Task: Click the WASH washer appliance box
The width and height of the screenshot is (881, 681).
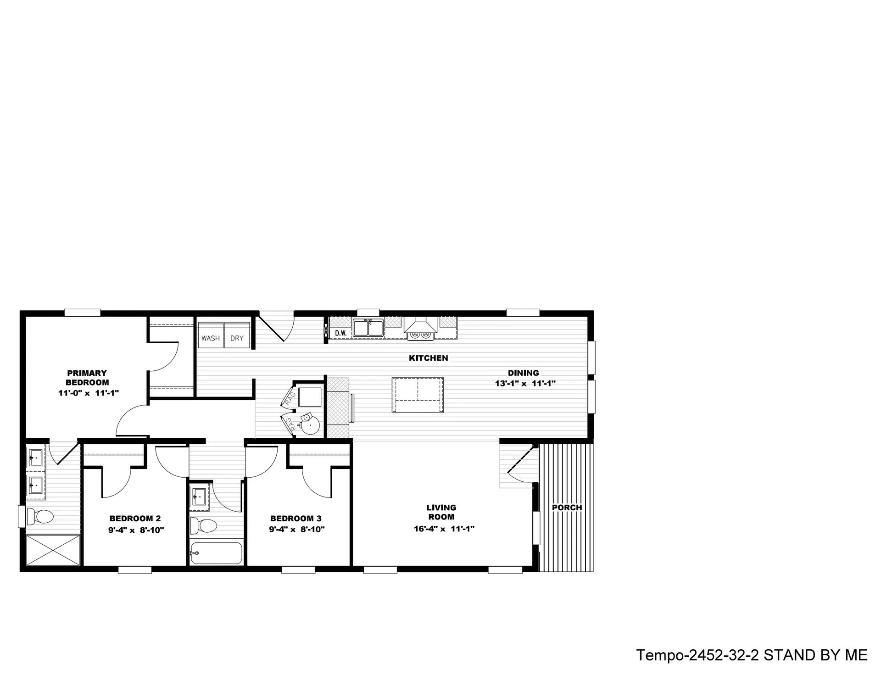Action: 211,335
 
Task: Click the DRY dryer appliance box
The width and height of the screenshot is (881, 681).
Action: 237,335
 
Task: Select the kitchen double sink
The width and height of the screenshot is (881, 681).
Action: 368,328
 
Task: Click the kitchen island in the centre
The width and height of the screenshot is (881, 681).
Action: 418,395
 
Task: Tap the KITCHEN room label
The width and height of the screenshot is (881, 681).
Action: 429,358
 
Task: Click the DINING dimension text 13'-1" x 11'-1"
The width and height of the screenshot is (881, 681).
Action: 525,383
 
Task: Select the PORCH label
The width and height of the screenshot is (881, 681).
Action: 567,508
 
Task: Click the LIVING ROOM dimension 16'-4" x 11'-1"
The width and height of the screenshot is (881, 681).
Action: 444,529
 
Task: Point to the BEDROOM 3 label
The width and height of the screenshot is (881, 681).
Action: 296,519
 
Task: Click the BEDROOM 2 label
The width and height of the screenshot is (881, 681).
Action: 135,519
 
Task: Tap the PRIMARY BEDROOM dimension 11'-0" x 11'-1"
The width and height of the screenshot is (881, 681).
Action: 89,393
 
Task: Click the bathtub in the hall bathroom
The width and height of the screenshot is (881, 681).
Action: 216,553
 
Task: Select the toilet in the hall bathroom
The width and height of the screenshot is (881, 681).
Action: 203,525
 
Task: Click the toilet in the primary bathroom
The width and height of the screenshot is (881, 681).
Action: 40,517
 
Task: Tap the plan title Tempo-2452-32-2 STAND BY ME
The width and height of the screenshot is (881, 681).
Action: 752,655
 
